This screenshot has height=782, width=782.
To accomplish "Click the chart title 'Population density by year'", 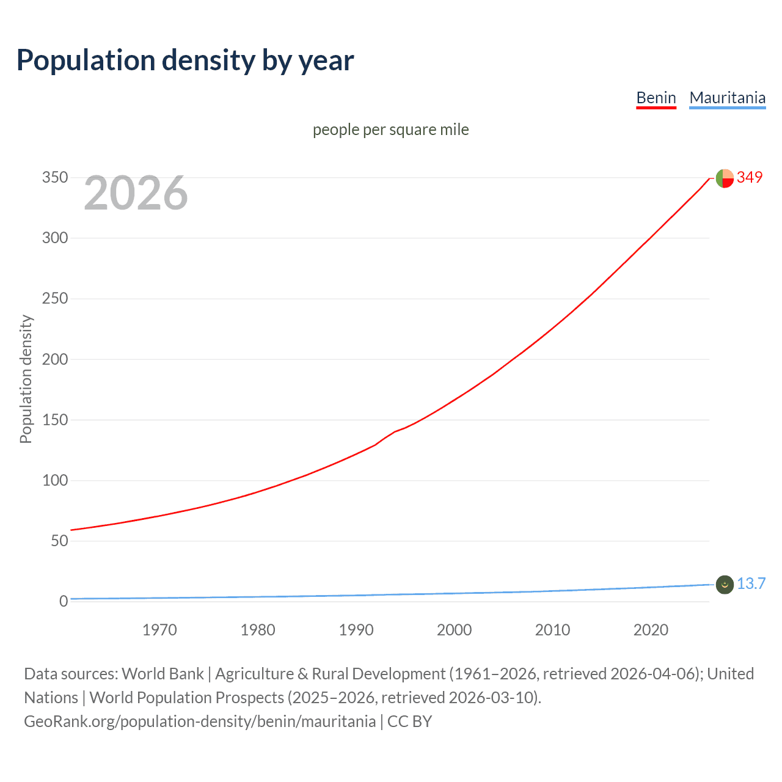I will click(185, 60).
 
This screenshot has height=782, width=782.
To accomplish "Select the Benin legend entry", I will click(656, 98).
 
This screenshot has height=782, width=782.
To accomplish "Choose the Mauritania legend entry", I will click(727, 98).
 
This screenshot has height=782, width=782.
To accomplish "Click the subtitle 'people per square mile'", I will click(390, 130).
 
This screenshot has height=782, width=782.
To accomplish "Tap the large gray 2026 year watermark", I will click(136, 193).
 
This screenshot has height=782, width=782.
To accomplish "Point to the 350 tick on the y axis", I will click(55, 178).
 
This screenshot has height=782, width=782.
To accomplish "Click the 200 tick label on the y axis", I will click(55, 359).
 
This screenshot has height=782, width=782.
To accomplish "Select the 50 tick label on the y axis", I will click(59, 541).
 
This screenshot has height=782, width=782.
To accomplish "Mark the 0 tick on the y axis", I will click(64, 601).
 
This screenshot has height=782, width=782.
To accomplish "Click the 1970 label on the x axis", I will click(159, 630).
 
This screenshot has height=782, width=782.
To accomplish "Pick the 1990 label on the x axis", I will click(356, 630).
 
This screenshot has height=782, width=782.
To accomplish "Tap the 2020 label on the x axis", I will click(651, 630).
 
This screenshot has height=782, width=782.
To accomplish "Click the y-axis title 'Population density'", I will click(26, 379).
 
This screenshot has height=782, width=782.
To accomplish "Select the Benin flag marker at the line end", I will click(725, 178).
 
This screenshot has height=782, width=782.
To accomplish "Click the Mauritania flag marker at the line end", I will click(725, 585).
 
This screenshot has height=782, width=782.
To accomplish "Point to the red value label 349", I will click(750, 178).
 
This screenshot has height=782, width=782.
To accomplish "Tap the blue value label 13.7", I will click(751, 584).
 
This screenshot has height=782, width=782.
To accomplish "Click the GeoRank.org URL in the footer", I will click(200, 722).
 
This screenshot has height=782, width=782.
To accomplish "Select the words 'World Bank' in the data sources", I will click(163, 674).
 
